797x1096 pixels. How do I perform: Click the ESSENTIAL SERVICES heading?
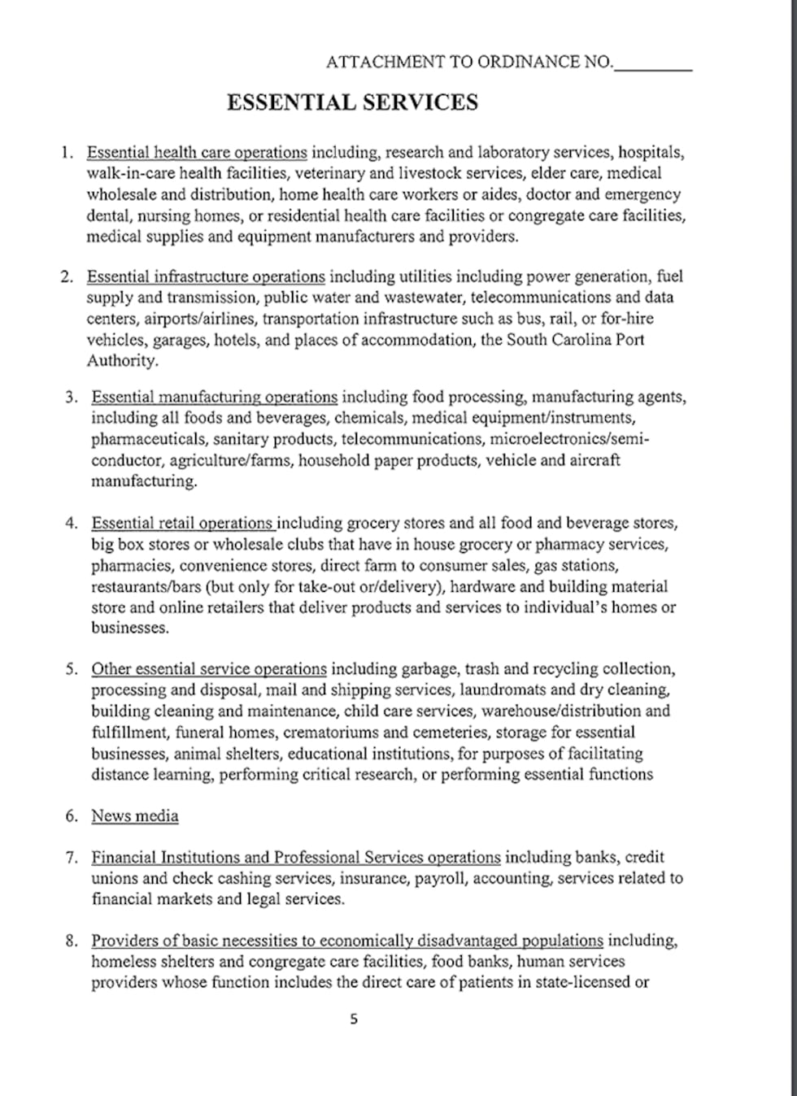point(352,102)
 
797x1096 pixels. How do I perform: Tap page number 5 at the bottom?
point(353,1019)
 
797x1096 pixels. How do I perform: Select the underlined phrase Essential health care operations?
point(197,152)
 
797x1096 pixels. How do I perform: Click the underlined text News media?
point(135,815)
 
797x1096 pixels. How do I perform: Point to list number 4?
point(71,523)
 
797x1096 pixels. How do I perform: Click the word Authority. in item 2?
point(123,360)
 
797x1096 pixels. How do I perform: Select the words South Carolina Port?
point(576,339)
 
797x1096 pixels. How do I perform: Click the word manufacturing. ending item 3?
point(144,481)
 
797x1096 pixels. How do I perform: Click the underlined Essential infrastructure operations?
point(206,276)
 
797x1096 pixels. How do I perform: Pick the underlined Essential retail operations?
point(183,523)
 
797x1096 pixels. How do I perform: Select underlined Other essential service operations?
point(209,669)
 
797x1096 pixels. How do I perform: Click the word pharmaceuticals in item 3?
point(148,439)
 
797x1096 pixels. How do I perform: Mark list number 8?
point(71,941)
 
